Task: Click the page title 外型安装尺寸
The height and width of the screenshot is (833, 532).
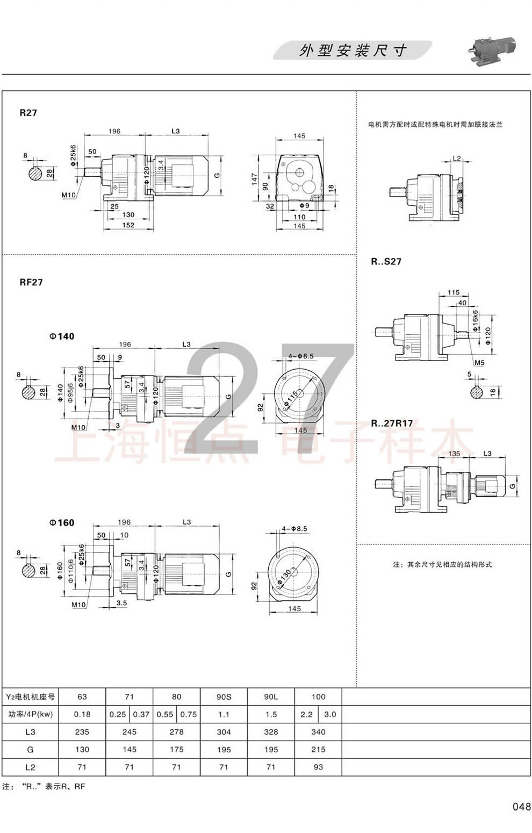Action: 353,51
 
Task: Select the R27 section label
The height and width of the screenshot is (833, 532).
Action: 28,113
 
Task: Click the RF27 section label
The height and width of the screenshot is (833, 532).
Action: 31,282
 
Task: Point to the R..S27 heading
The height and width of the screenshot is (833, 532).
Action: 386,262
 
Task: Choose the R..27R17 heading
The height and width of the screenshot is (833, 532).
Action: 392,423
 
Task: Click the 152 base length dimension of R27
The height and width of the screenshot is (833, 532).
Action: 128,226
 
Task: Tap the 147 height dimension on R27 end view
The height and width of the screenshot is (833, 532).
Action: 255,178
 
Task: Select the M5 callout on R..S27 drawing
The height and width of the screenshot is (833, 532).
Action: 479,363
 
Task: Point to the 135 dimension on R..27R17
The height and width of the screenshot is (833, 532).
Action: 454,454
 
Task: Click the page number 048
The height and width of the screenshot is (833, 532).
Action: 521,806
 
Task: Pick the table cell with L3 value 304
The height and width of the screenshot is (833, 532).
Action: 224,731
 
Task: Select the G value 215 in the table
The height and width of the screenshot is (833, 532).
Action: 318,749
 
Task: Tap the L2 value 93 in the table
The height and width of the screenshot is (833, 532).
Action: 318,767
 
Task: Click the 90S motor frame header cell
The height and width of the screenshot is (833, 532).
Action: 224,696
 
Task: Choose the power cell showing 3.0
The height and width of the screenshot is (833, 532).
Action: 330,714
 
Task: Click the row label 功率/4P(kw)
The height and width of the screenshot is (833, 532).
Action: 30,714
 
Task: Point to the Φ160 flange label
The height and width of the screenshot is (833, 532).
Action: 62,522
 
